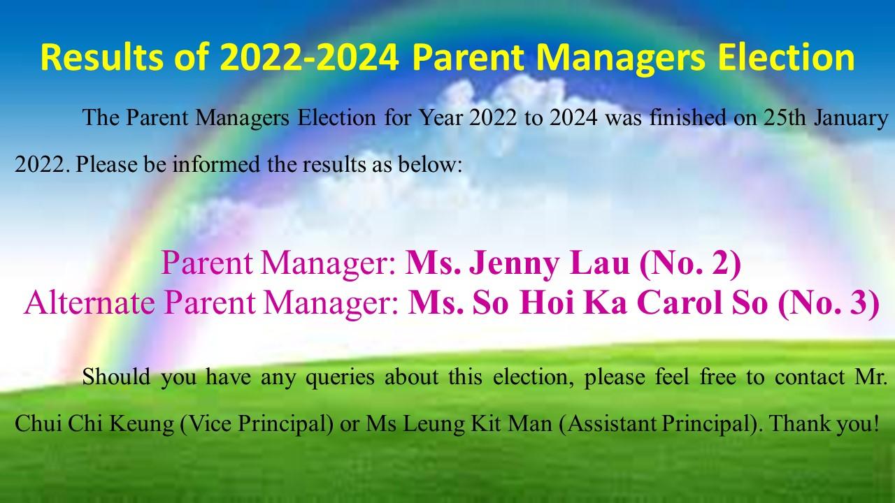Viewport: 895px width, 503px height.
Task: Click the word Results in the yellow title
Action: tap(102, 57)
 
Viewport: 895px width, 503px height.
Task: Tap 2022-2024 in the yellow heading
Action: tap(310, 57)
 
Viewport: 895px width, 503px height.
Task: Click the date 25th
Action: tap(785, 118)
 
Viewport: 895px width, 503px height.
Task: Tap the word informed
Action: tap(216, 164)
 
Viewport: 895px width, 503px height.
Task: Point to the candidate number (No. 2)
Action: tap(690, 264)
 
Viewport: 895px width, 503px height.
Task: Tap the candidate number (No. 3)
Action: tap(829, 303)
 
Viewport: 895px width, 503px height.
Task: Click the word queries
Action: tap(340, 377)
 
